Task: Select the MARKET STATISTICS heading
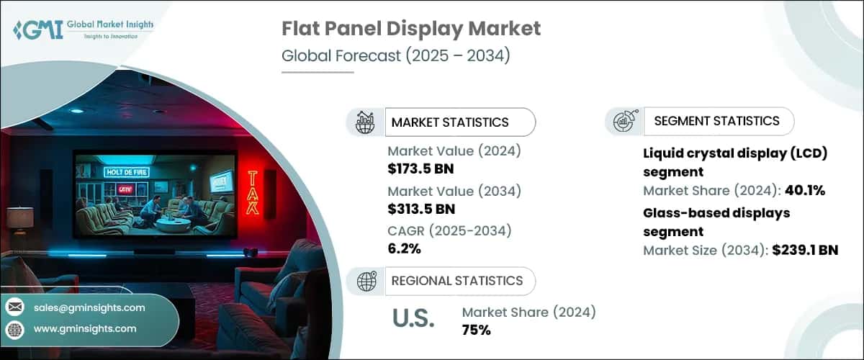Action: (449, 122)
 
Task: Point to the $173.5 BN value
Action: (420, 170)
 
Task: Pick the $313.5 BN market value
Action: (420, 210)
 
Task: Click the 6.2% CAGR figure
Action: (404, 249)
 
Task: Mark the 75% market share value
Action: (476, 330)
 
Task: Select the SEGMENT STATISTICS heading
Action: (716, 121)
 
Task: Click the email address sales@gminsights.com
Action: (89, 307)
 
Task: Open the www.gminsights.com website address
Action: (84, 328)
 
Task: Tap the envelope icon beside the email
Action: (15, 307)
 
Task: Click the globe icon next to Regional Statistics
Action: (366, 282)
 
